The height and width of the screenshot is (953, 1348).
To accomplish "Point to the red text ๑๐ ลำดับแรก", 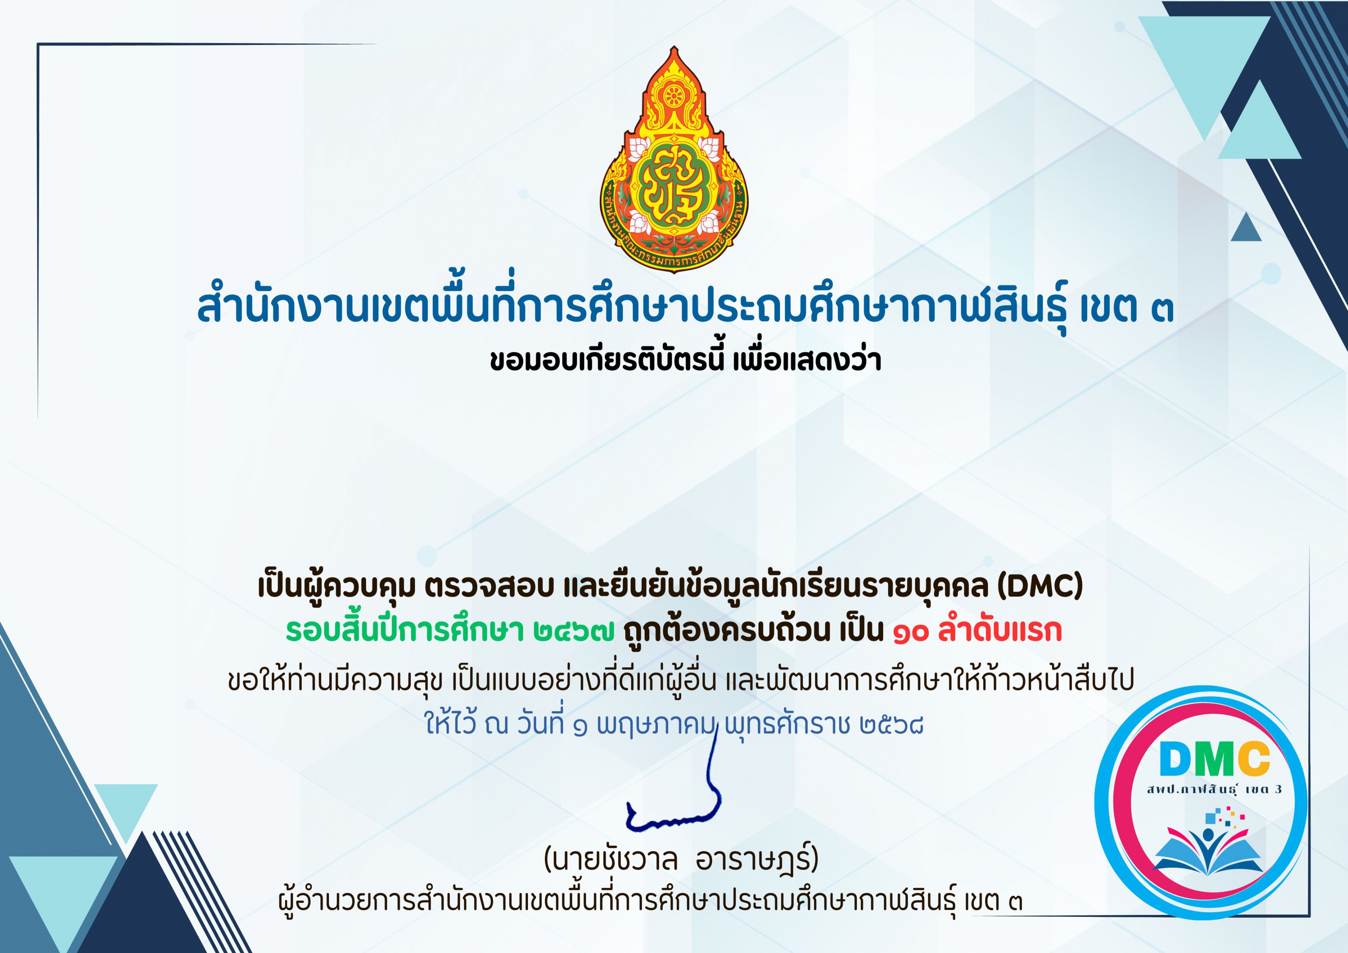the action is [978, 631].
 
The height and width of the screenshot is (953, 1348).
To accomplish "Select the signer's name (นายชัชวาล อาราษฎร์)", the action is [681, 860].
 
